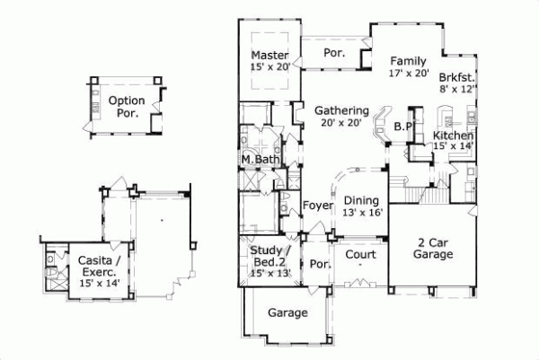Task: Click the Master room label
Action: point(269,55)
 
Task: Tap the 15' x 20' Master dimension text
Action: point(269,67)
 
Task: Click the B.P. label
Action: point(402,127)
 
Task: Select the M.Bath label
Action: point(261,160)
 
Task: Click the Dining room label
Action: point(361,200)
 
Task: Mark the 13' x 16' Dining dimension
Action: point(361,213)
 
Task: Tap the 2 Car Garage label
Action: point(432,248)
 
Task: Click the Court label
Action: point(360,254)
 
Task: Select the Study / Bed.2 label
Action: point(269,255)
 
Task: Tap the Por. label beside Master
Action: point(334,53)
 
